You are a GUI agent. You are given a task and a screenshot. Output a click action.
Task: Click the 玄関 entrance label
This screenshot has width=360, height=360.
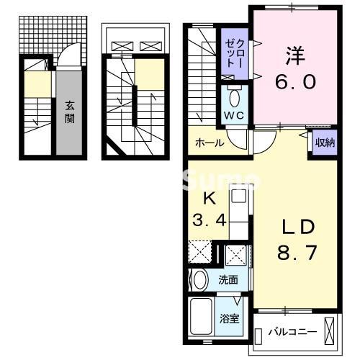click(70, 112)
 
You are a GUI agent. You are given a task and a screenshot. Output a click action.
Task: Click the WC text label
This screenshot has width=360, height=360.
click(235, 115)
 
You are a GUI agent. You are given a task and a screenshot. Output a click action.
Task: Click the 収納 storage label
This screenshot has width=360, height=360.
click(325, 142)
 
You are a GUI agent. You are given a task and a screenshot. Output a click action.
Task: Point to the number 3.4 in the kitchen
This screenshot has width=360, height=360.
click(210, 220)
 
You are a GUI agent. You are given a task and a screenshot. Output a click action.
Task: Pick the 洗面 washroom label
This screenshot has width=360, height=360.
click(229, 279)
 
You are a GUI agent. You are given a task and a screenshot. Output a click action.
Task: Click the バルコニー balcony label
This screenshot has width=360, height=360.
click(288, 332)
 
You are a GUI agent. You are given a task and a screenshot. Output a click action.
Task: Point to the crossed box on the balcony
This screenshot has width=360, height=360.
click(330, 332)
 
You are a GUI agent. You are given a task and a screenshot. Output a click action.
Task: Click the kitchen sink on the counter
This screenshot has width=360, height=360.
click(239, 197)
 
